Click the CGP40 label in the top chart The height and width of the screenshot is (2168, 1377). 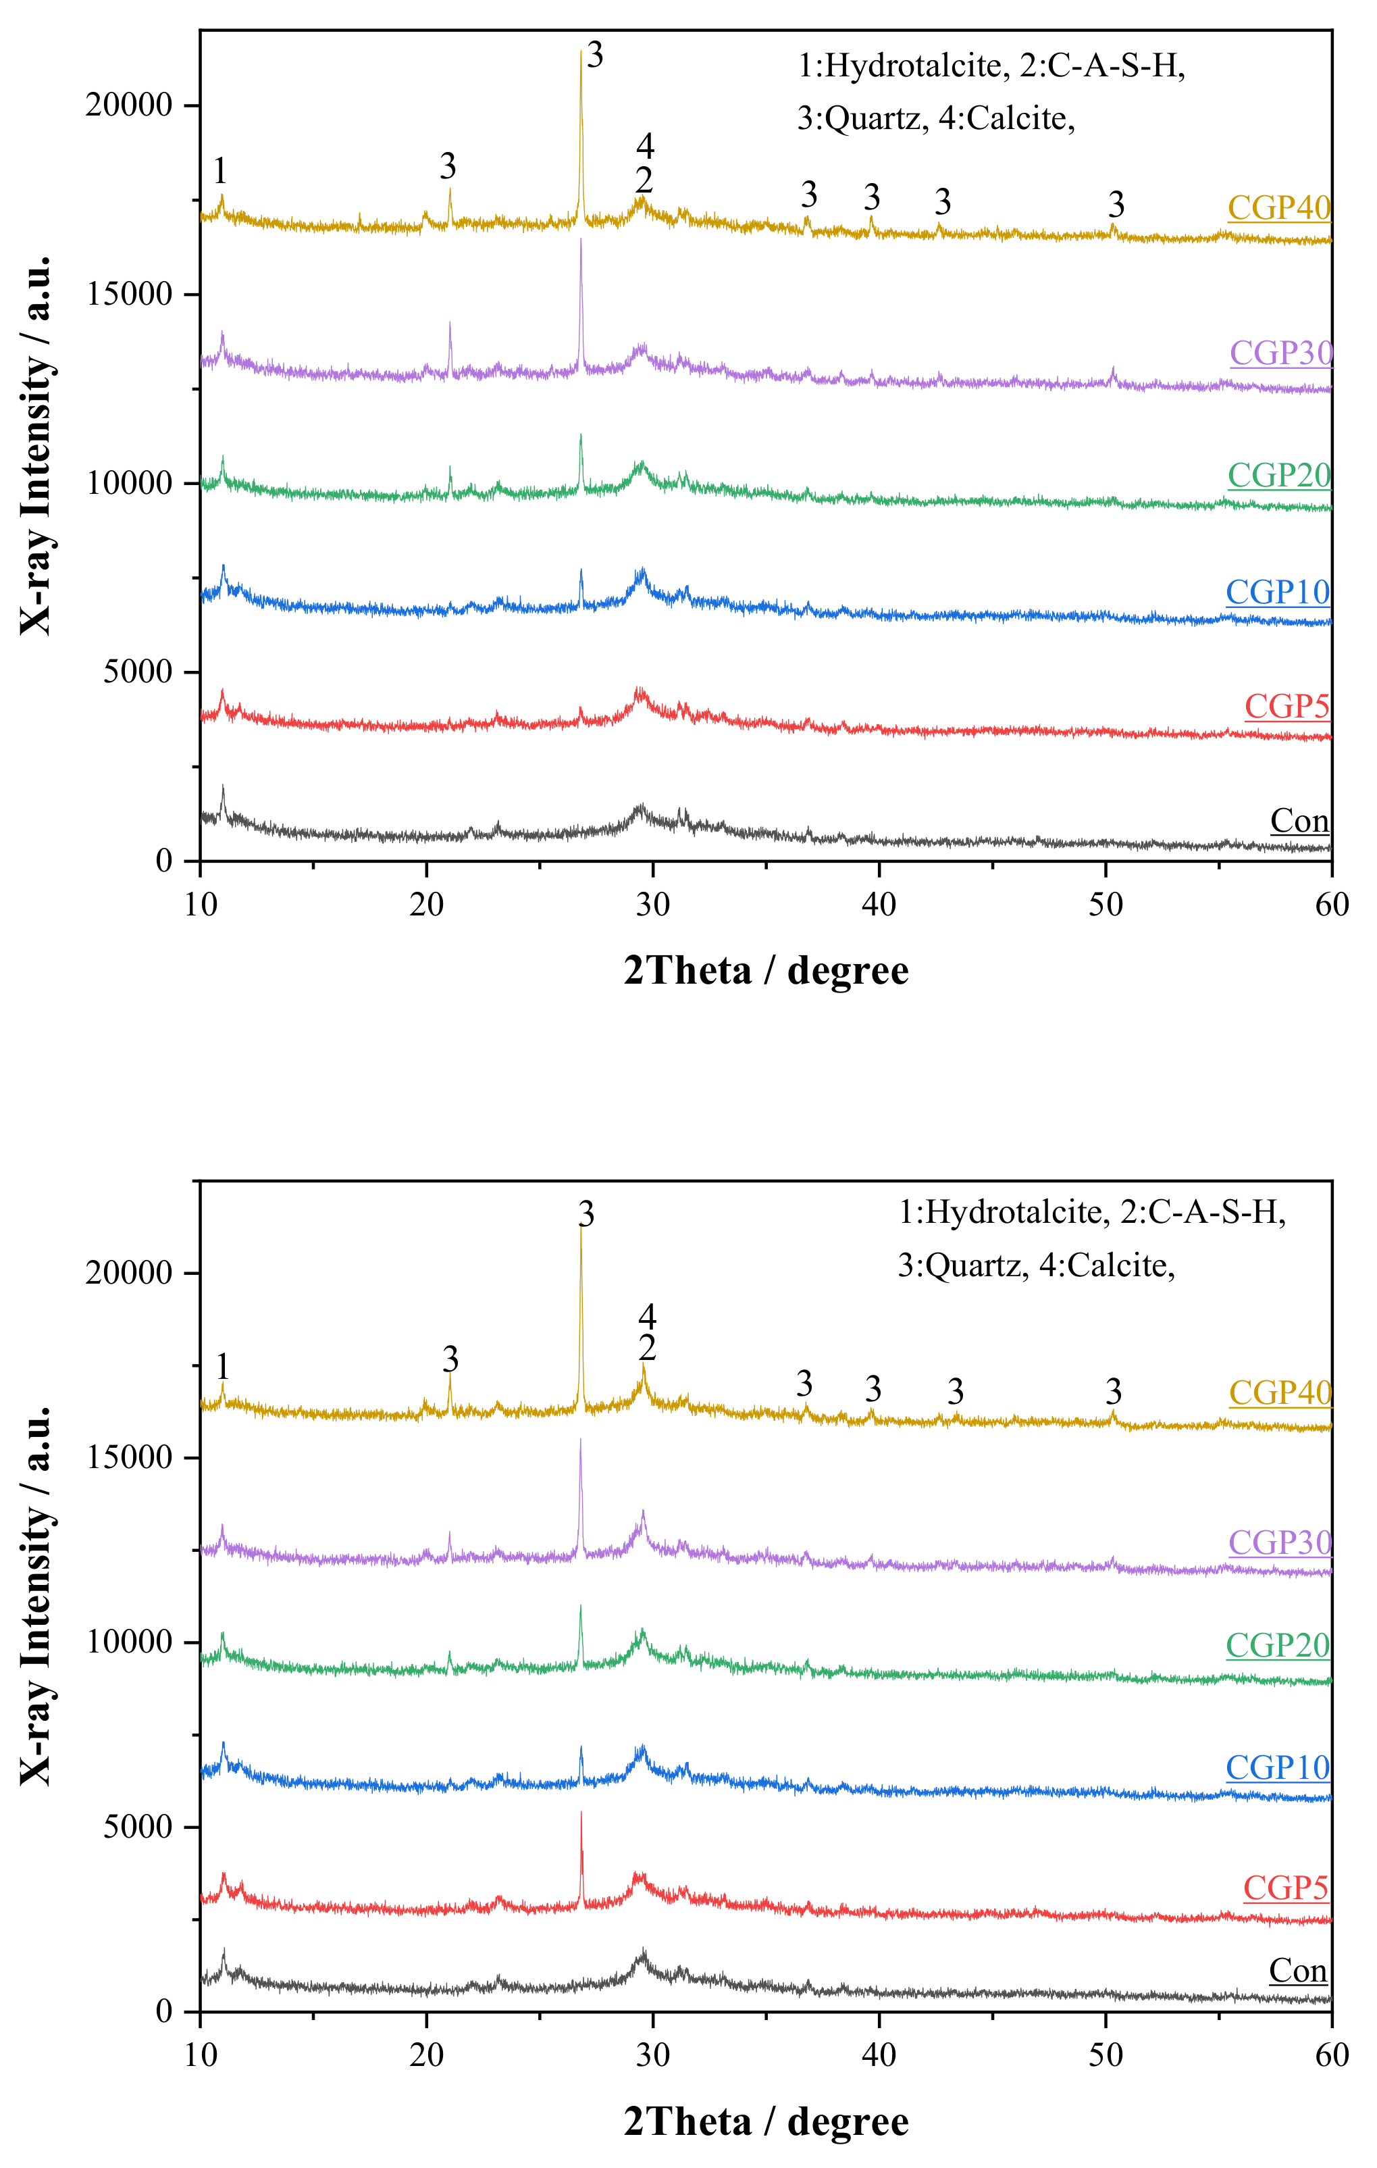pyautogui.click(x=1279, y=208)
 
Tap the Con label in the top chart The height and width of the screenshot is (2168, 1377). pyautogui.click(x=1299, y=821)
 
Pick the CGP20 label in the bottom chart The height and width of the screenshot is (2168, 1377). pyautogui.click(x=1277, y=1645)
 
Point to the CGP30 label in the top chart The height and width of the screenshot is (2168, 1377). pyautogui.click(x=1280, y=353)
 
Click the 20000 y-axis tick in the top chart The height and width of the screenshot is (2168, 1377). pyautogui.click(x=129, y=105)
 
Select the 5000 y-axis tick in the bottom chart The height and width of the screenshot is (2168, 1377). pyautogui.click(x=137, y=1827)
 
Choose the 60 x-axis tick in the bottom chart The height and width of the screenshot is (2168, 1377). pyautogui.click(x=1331, y=2054)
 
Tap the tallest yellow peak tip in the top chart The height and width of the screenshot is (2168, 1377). pyautogui.click(x=581, y=52)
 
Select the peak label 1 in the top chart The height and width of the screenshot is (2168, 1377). pyautogui.click(x=219, y=170)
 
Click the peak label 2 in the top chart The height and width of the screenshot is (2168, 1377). pyautogui.click(x=644, y=181)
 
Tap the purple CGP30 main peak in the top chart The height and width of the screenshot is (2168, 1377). pyautogui.click(x=581, y=241)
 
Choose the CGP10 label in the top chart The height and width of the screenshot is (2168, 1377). pyautogui.click(x=1277, y=593)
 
